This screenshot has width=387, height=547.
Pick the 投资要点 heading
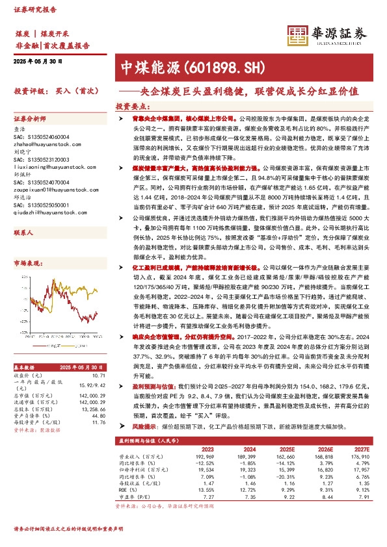click(129, 105)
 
